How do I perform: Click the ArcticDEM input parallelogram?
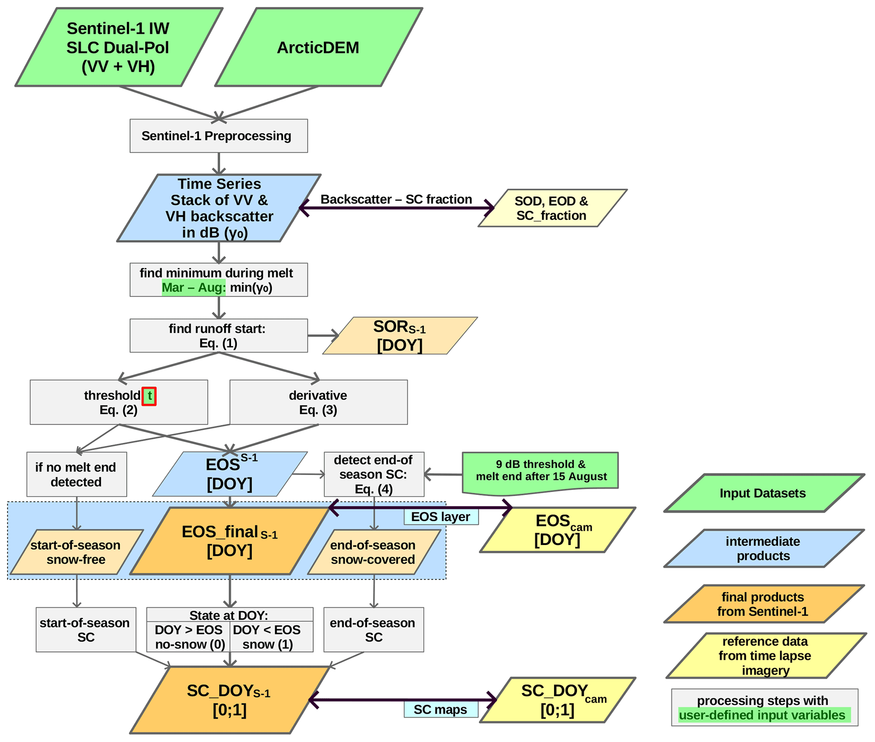click(x=318, y=47)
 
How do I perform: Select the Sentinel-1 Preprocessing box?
click(x=218, y=136)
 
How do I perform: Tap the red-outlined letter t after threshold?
click(x=149, y=396)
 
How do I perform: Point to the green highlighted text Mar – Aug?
click(x=193, y=288)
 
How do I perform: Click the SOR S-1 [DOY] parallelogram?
click(x=400, y=336)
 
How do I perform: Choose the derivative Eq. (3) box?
click(x=318, y=402)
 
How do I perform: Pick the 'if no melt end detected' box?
click(x=77, y=474)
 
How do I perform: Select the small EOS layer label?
click(x=441, y=517)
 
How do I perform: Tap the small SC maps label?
click(x=441, y=710)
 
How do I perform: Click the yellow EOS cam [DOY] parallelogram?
click(x=558, y=530)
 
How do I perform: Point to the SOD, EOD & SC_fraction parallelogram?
click(x=552, y=208)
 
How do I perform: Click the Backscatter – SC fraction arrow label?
click(x=396, y=199)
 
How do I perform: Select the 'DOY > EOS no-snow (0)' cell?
click(x=189, y=637)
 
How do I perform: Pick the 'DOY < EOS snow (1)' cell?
click(x=268, y=637)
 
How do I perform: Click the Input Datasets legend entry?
click(x=763, y=493)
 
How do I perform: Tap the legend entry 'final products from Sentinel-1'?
click(x=763, y=604)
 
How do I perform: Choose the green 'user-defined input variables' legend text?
click(x=763, y=715)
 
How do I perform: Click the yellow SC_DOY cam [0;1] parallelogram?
click(x=558, y=700)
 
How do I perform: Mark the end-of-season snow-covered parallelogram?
click(x=373, y=552)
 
